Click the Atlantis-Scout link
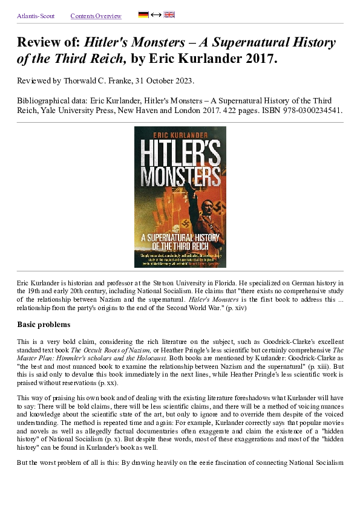coord(36,16)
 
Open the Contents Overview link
coord(96,16)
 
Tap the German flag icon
coord(143,15)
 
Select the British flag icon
coord(169,15)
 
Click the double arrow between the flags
coord(156,15)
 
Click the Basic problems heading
coord(44,325)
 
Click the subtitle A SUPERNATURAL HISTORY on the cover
coord(180,238)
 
